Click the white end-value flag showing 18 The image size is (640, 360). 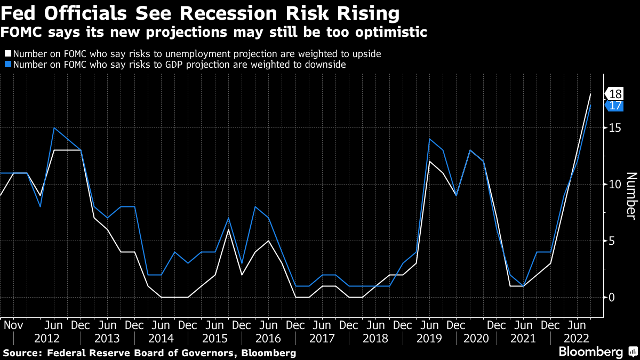[615, 94]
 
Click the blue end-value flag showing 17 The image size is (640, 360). [615, 106]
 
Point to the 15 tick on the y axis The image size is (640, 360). [615, 128]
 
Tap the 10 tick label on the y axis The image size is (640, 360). [615, 185]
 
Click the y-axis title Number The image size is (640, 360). [630, 195]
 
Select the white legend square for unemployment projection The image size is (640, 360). [8, 54]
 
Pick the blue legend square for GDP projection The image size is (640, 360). [8, 65]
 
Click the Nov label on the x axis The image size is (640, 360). [13, 325]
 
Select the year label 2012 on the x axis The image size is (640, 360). [47, 338]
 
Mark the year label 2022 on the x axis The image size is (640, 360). [577, 338]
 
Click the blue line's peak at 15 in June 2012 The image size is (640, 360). [54, 128]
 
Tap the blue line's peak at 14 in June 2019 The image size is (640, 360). [429, 139]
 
